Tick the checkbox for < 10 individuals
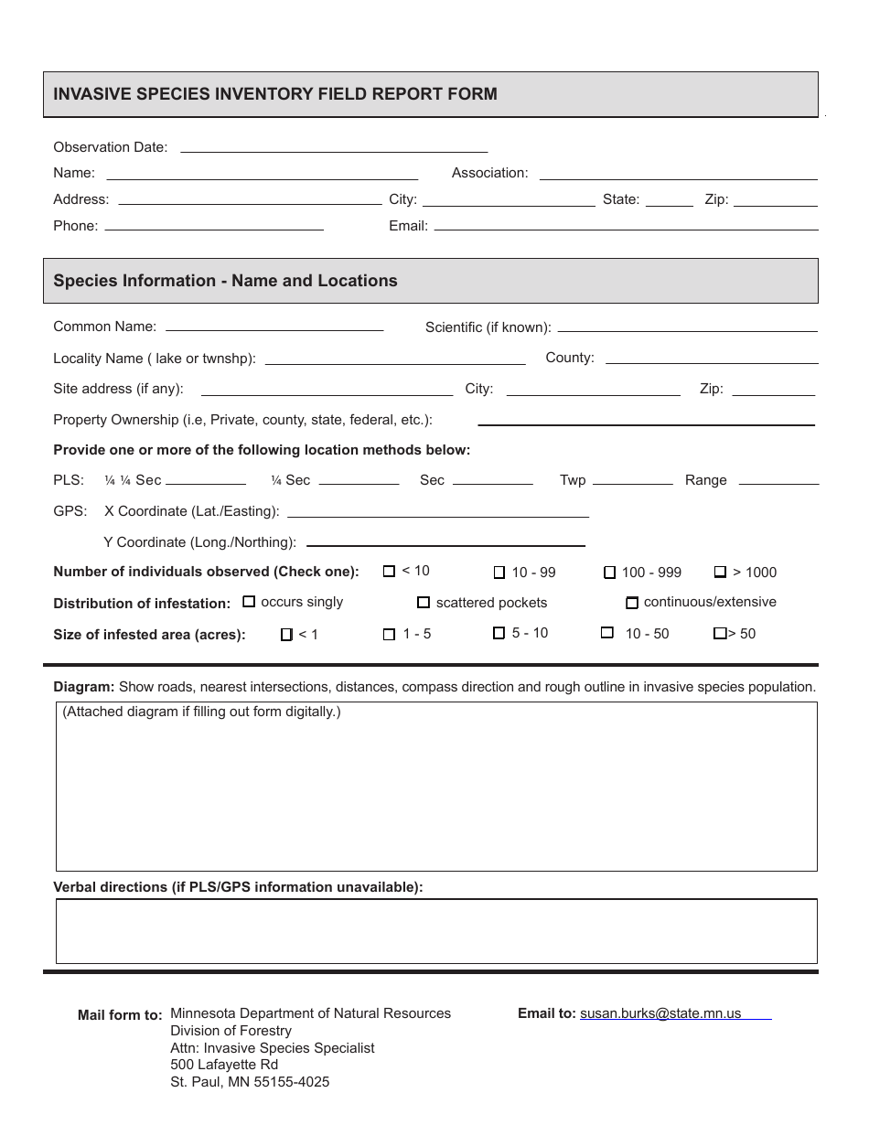tap(389, 572)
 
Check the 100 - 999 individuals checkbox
tap(609, 573)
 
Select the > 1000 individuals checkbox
tap(720, 573)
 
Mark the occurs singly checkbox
tap(249, 602)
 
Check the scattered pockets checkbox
tap(424, 603)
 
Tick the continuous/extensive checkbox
tap(631, 603)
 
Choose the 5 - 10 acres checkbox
tap(499, 633)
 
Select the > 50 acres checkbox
tap(720, 634)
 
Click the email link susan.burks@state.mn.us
tap(660, 1013)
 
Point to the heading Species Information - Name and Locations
tap(225, 281)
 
